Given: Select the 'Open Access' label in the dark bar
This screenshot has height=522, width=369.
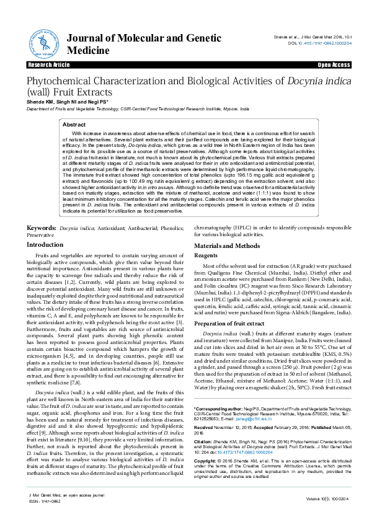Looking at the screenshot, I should tap(334, 64).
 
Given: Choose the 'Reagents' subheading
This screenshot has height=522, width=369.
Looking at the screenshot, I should tap(206, 238).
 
